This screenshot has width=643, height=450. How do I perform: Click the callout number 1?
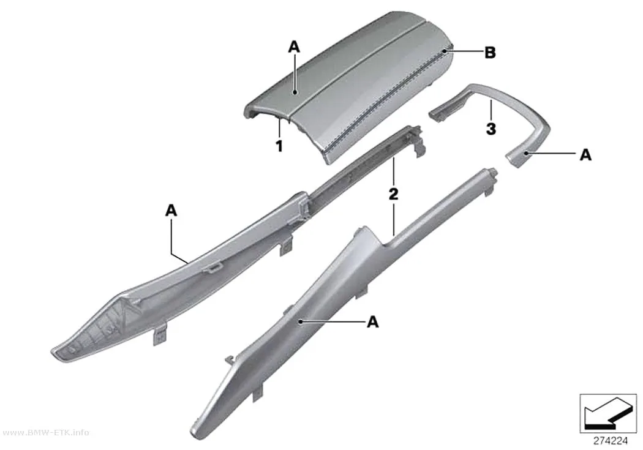279,146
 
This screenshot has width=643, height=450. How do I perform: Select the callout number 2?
393,193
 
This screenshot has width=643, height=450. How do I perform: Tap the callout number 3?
491,129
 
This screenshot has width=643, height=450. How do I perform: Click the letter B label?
490,53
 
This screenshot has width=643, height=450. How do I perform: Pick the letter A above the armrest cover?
294,47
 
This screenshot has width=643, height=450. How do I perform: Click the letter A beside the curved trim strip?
585,155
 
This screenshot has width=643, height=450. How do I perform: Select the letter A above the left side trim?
171,210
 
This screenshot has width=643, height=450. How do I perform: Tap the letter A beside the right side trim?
372,321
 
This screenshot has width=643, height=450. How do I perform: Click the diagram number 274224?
611,441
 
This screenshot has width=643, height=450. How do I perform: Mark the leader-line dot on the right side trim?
301,322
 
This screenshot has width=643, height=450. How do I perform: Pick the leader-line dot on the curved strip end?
527,153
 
